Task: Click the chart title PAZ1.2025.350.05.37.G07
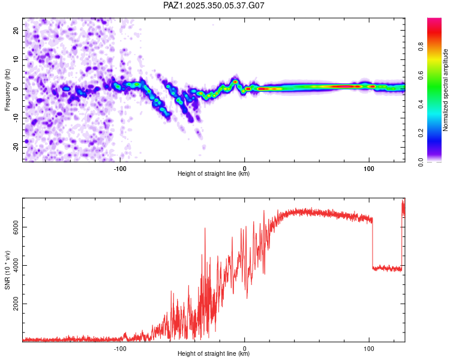(x=214, y=5)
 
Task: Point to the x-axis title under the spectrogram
(x=214, y=174)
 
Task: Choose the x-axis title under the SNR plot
(x=214, y=354)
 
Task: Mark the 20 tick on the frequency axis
(x=16, y=30)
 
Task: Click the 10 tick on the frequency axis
(x=16, y=59)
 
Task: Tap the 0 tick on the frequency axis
(x=16, y=88)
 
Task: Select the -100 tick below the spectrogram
(x=120, y=168)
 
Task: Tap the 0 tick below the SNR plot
(x=244, y=348)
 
